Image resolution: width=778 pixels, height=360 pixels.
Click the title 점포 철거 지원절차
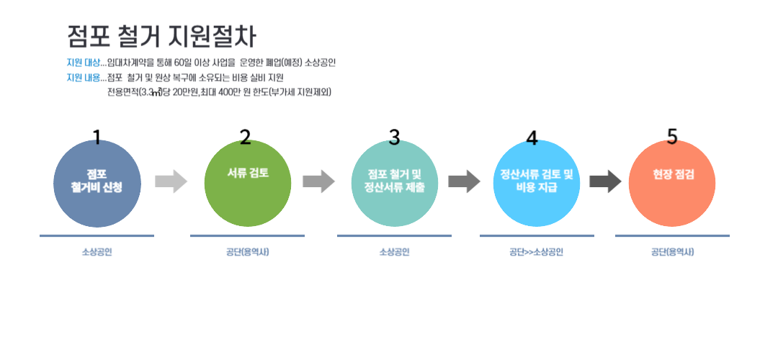coord(161,36)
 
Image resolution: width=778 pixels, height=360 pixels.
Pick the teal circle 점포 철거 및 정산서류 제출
coord(395,184)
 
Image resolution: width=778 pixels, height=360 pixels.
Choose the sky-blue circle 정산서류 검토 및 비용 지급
coord(536,184)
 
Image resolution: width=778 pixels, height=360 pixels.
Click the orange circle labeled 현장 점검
coord(673,184)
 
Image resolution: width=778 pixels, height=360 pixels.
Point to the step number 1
coord(97,137)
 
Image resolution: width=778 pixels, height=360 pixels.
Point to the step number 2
coord(246,137)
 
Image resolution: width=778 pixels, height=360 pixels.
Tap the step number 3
coord(394,137)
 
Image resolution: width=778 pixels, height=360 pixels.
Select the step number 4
coord(532,138)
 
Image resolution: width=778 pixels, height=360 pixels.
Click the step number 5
coord(672,137)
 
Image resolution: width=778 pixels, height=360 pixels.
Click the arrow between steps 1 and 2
coord(171,181)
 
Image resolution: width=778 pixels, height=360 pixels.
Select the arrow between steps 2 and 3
coord(318,181)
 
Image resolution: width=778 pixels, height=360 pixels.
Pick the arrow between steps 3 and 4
coord(464,181)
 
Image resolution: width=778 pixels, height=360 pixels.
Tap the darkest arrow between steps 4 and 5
coord(605,181)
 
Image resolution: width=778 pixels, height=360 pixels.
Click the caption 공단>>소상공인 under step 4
coord(536,252)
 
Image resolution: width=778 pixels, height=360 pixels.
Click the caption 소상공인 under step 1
coord(97,252)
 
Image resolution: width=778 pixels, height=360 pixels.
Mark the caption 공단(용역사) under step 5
coord(672,252)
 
